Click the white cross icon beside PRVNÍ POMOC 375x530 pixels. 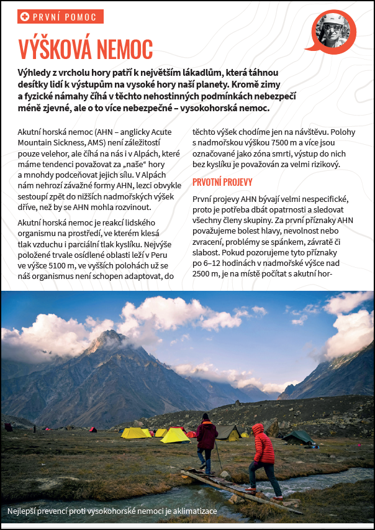[x=25, y=17]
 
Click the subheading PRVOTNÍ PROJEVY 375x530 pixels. [x=222, y=182]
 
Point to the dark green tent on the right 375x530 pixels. [x=299, y=437]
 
